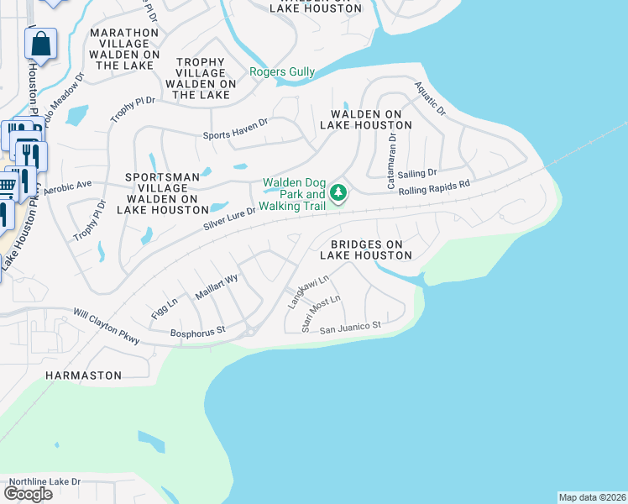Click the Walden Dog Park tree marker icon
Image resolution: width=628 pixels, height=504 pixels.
coord(338,194)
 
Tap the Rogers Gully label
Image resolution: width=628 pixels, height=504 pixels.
coord(282,72)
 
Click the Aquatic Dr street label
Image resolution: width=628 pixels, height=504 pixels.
coord(430,98)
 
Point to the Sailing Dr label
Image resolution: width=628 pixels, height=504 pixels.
coord(418,173)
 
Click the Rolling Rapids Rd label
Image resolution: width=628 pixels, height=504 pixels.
coord(434,186)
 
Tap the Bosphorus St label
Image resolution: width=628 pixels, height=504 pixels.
coord(198,330)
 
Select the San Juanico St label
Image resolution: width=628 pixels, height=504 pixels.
coord(352,324)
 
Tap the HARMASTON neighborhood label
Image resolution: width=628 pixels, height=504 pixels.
coord(83,375)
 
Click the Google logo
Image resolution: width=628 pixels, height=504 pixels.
coord(29,494)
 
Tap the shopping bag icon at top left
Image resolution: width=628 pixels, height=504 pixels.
coord(40,44)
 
